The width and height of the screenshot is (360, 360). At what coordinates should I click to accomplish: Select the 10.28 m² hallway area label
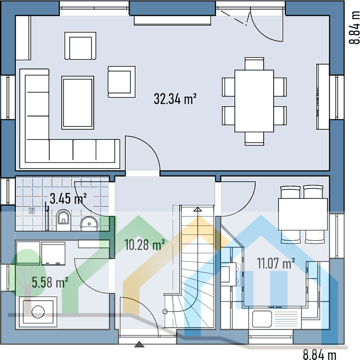coord(144,245)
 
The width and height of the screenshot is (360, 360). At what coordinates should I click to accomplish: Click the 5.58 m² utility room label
coord(50,282)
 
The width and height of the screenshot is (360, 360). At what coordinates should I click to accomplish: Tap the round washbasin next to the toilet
coord(89,223)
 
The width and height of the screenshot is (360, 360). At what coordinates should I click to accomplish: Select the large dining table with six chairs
coord(254,100)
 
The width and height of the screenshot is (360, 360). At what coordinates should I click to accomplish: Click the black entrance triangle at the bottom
coord(139,345)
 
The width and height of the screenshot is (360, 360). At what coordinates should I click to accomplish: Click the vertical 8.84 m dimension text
coord(355,27)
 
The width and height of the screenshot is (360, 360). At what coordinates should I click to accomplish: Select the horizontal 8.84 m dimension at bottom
coord(319,354)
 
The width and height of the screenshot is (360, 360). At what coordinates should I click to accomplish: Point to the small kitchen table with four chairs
coord(302,214)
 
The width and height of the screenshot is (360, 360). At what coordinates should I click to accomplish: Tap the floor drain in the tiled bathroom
coord(31,210)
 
